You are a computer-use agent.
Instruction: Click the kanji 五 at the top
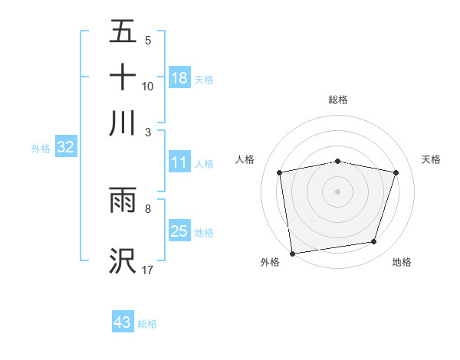(123, 32)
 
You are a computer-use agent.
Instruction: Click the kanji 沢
(123, 260)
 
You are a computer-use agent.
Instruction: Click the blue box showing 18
(179, 77)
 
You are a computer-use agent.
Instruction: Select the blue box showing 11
(179, 162)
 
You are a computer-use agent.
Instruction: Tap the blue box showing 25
(179, 231)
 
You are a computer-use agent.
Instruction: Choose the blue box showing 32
(65, 147)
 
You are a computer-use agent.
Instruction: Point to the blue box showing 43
(123, 322)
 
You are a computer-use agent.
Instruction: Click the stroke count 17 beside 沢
(148, 270)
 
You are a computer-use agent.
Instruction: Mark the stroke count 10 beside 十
(148, 86)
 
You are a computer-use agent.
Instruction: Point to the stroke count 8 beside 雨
(148, 208)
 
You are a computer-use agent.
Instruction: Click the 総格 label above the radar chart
(338, 100)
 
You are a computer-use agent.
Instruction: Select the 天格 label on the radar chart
(431, 159)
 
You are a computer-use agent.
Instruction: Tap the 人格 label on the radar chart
(245, 159)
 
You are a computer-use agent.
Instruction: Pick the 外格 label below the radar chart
(270, 263)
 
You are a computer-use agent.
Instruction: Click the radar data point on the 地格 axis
(374, 242)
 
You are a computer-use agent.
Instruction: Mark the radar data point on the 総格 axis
(338, 161)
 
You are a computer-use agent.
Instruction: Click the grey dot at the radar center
(338, 191)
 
